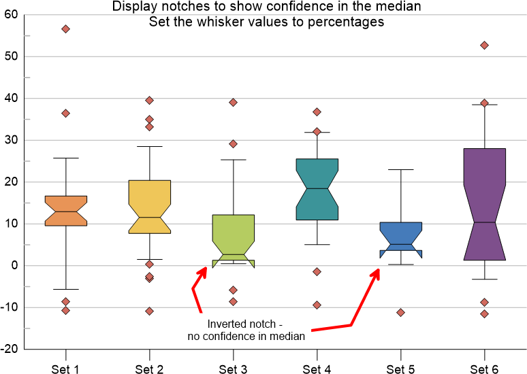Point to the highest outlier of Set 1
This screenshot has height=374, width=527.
65,29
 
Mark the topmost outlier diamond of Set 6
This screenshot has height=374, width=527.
484,46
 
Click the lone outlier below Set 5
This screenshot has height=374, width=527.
401,313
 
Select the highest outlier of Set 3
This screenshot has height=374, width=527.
233,103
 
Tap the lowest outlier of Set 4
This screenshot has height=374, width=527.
317,305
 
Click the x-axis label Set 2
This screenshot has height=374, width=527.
149,370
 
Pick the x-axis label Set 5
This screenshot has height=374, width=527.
401,370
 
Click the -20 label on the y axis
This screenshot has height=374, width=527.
11,350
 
